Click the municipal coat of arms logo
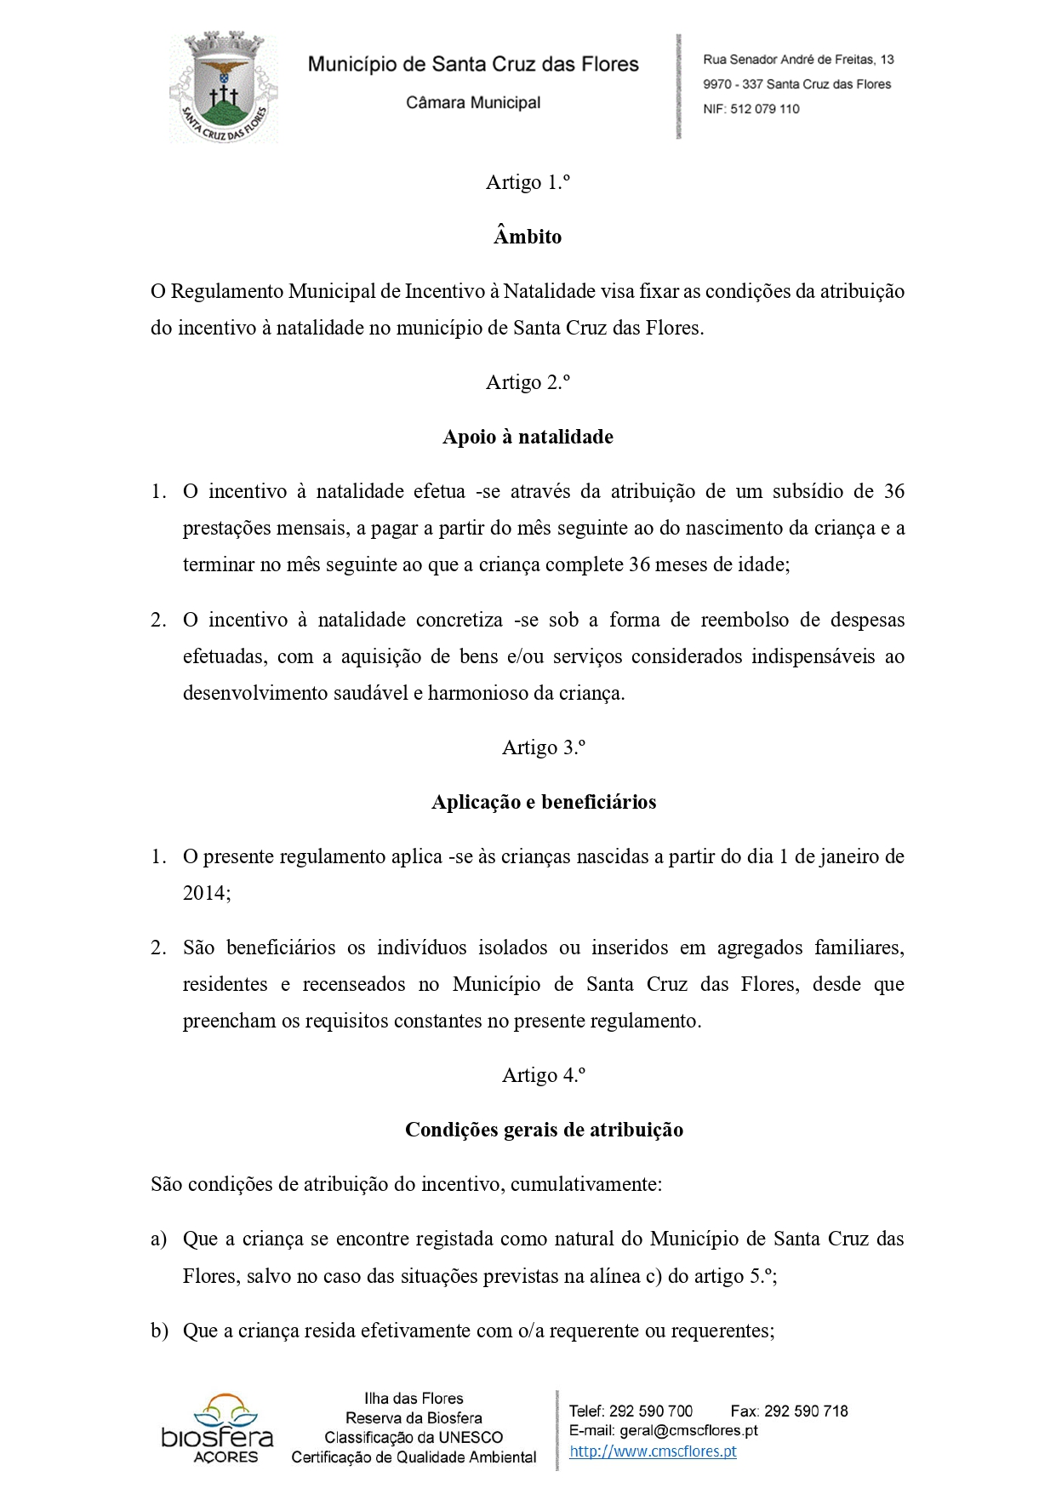(x=223, y=88)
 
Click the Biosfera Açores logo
(x=218, y=1428)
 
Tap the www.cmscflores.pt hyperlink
(x=653, y=1451)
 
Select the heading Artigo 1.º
(x=528, y=182)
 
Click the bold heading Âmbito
(x=528, y=237)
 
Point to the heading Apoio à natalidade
(x=528, y=437)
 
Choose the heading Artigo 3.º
(x=544, y=747)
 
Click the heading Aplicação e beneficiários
(x=544, y=802)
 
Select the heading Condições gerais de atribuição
(x=544, y=1130)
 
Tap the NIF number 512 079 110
(x=764, y=109)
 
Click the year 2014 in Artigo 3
(x=205, y=893)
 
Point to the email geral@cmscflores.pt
(x=688, y=1431)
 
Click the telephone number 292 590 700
(x=651, y=1411)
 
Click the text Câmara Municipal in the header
(x=473, y=103)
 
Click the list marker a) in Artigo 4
(x=159, y=1239)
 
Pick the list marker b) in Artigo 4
(x=159, y=1331)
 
